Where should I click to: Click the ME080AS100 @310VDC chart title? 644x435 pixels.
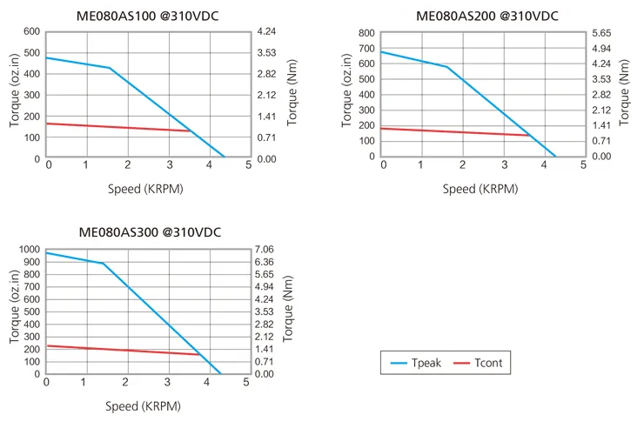tap(147, 16)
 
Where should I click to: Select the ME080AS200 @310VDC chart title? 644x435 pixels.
tap(487, 16)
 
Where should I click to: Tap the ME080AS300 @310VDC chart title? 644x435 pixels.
tap(150, 232)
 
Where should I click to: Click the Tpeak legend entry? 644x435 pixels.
tap(416, 363)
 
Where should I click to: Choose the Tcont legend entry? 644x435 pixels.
tap(478, 363)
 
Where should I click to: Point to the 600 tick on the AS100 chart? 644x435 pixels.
tap(31, 31)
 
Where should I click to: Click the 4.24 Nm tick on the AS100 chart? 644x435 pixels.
tap(266, 31)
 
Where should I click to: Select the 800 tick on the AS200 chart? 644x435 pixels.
tap(366, 33)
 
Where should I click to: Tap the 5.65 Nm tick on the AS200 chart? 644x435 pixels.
tap(601, 33)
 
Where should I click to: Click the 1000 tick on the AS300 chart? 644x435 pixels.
tap(30, 250)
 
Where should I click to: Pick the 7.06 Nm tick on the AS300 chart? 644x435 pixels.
tap(264, 250)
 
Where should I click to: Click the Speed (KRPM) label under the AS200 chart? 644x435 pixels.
tap(480, 189)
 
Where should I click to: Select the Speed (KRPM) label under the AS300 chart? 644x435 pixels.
tap(143, 406)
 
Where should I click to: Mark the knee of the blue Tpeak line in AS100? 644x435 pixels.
tap(110, 68)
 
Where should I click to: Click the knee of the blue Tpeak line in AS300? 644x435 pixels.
tap(103, 263)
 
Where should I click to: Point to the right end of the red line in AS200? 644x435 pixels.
tap(529, 135)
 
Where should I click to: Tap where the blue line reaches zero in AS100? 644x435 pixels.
tap(225, 157)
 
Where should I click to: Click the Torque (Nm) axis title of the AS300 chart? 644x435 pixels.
tap(287, 309)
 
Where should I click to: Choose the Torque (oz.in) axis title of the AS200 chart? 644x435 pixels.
tap(346, 90)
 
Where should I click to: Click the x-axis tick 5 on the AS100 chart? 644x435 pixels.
tap(249, 165)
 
